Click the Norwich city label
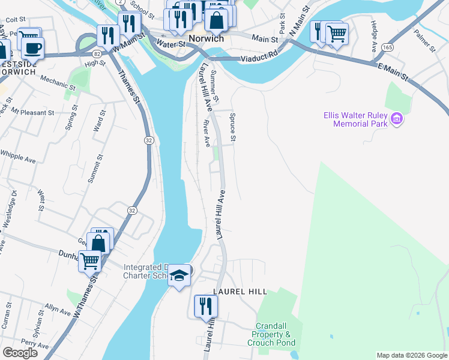[206, 38]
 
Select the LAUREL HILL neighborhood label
[240, 292]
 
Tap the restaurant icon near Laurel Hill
[206, 307]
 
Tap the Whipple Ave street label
[18, 157]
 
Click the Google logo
[20, 353]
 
